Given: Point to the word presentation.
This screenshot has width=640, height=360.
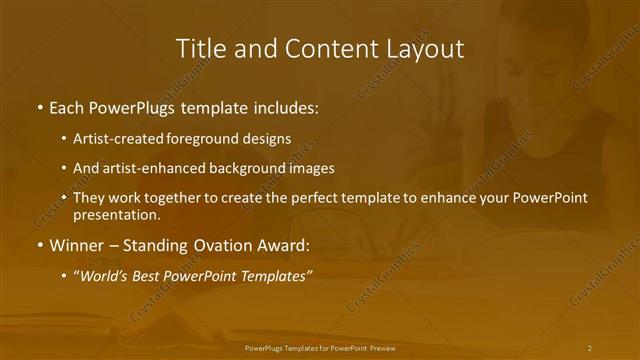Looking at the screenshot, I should pyautogui.click(x=116, y=214).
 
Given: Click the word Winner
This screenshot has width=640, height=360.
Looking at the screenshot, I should pyautogui.click(x=77, y=245).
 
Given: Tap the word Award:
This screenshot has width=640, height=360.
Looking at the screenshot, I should pyautogui.click(x=286, y=245).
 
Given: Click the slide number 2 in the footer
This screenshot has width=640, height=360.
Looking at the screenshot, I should pyautogui.click(x=590, y=347).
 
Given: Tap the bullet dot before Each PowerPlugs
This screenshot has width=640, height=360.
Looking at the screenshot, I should pyautogui.click(x=39, y=107).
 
